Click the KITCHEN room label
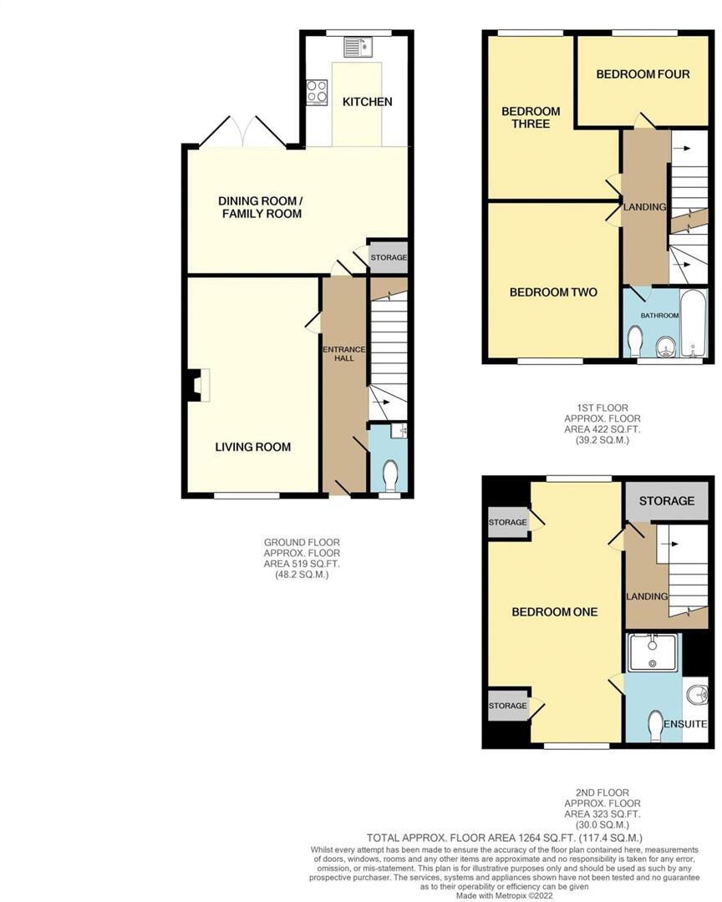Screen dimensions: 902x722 367,102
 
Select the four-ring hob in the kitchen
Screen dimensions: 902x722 317,92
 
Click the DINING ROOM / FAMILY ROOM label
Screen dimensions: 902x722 260,207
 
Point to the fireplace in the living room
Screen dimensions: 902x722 198,386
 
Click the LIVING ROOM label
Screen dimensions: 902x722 252,447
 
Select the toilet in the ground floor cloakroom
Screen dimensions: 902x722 389,477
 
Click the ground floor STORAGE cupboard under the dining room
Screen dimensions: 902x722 389,258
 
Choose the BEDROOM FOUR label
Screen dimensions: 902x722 643,74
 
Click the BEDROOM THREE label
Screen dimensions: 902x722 531,118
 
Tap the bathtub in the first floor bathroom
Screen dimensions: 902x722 694,324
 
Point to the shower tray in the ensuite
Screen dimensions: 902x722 653,652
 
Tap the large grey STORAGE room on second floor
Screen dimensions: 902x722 667,501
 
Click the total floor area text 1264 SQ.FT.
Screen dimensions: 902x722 505,837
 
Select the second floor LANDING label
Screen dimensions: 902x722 647,596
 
